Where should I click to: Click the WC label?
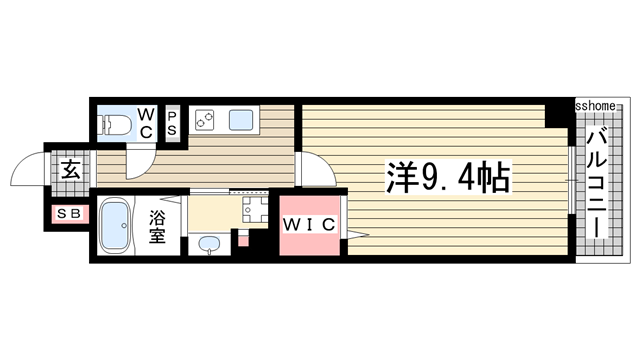click(144, 122)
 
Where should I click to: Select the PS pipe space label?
click(171, 122)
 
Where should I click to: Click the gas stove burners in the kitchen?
click(205, 120)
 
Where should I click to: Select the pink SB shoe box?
click(71, 214)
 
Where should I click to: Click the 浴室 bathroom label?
click(158, 228)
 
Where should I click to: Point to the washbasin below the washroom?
click(209, 244)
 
